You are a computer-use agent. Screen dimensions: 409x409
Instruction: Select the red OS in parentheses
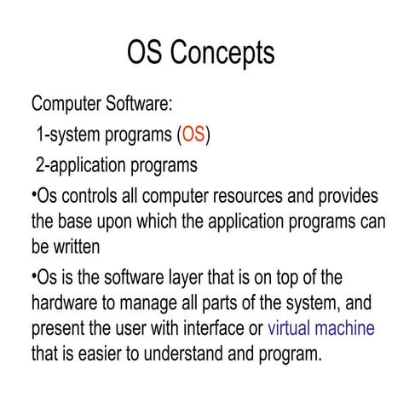click(x=193, y=135)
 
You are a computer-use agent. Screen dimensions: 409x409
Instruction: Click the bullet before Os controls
click(x=33, y=193)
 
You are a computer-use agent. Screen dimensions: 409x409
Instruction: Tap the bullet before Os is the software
click(x=33, y=275)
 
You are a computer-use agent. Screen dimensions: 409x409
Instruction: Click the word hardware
click(x=66, y=303)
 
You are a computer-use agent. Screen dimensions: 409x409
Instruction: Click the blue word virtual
click(x=294, y=329)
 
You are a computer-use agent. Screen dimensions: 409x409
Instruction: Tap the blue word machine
click(x=348, y=329)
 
